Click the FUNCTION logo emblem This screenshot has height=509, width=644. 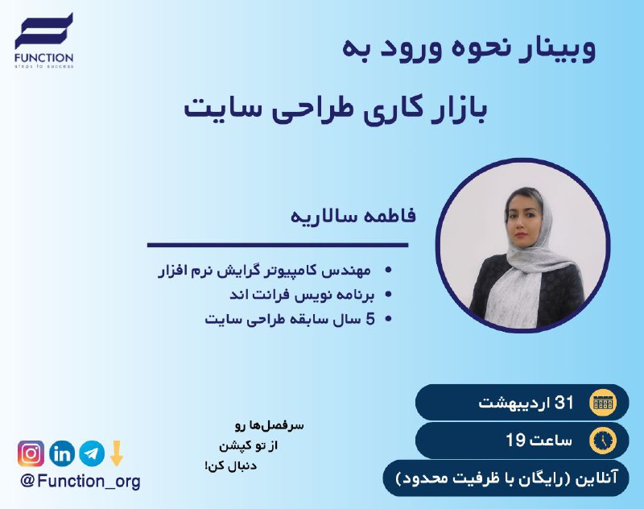click(44, 31)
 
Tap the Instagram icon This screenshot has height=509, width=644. click(31, 453)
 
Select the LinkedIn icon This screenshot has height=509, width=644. click(62, 453)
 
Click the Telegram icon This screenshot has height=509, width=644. click(92, 453)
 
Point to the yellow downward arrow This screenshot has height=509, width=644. click(117, 453)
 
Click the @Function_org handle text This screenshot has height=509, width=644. click(80, 481)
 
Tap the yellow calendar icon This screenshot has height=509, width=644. click(603, 403)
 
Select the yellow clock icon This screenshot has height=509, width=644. click(603, 441)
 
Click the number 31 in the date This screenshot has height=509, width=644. click(564, 403)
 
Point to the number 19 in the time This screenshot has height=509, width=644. click(515, 441)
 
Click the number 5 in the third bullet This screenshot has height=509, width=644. click(370, 319)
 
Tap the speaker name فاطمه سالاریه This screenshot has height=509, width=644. click(353, 216)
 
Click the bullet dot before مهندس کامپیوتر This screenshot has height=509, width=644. click(388, 271)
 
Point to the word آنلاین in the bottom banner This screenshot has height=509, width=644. click(597, 478)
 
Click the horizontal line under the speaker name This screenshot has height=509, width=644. click(278, 246)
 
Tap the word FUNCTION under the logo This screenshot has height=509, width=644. click(44, 58)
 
